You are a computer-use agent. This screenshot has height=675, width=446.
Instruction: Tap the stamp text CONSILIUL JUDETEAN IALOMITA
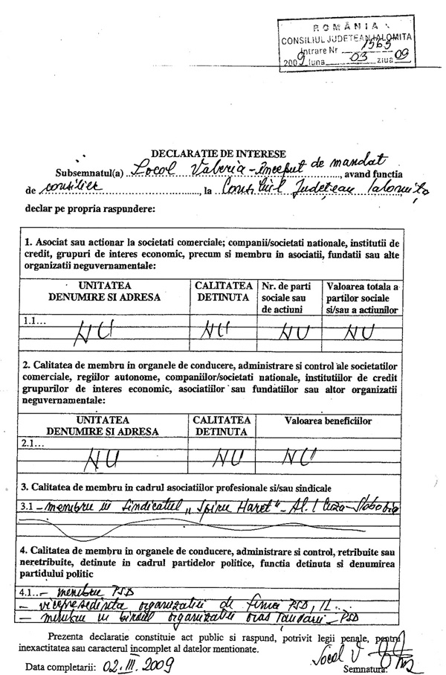coord(346,36)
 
